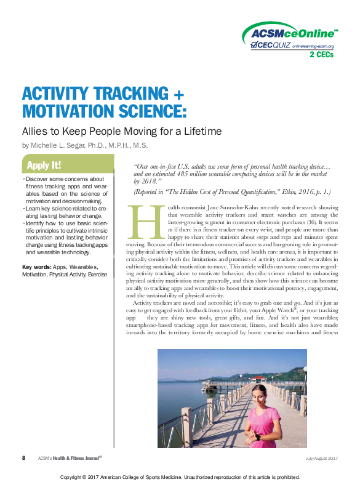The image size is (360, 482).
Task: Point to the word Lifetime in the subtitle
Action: click(x=200, y=131)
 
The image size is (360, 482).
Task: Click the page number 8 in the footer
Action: click(x=23, y=457)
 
